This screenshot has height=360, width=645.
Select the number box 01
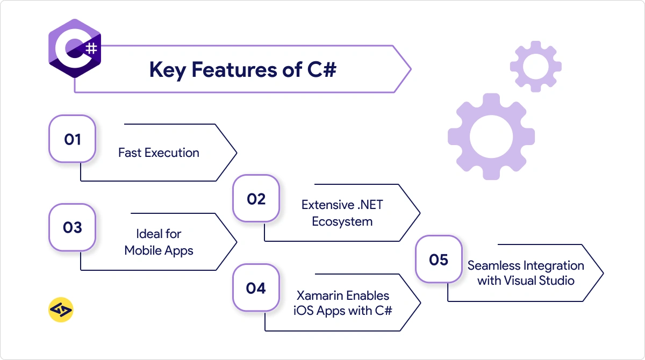[x=73, y=139]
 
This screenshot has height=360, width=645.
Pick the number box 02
[x=256, y=199]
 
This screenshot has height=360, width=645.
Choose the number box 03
[x=73, y=227]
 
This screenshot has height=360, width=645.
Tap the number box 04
[x=256, y=288]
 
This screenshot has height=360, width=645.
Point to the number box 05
[x=439, y=260]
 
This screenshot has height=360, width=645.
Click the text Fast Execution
[x=159, y=153]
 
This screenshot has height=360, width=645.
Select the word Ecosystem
[x=342, y=221]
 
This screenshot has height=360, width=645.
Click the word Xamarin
[x=319, y=296]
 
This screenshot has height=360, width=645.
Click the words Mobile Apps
[x=159, y=250]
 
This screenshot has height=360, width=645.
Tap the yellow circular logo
[x=61, y=309]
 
